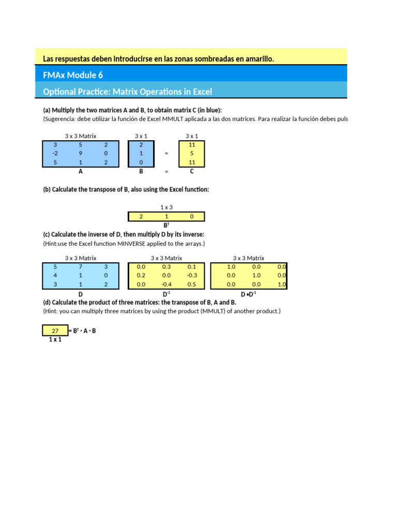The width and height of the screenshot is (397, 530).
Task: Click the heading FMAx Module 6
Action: (x=73, y=75)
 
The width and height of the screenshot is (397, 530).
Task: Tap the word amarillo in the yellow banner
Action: (x=255, y=59)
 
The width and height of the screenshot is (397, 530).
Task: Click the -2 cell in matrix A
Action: (x=55, y=153)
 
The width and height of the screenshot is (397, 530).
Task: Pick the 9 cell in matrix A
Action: (x=81, y=153)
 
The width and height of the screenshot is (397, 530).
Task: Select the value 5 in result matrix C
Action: (x=192, y=153)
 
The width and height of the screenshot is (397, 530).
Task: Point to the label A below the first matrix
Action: (x=80, y=171)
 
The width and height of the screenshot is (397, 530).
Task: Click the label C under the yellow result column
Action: (x=192, y=171)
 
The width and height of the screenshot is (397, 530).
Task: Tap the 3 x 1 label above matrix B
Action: (x=141, y=136)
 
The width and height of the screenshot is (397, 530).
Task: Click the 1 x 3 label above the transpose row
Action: (x=166, y=207)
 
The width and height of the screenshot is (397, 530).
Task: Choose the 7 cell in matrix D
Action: (x=81, y=267)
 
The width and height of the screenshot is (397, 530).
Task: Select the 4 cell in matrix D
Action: (x=55, y=275)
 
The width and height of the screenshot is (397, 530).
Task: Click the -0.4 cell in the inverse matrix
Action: (x=166, y=284)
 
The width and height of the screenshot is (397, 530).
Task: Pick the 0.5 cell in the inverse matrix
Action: (x=192, y=284)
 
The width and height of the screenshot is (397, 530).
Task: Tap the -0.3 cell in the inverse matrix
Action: (x=192, y=275)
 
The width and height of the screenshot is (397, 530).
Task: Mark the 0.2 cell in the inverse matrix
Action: (x=141, y=275)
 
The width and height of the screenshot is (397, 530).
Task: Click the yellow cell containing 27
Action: (x=55, y=330)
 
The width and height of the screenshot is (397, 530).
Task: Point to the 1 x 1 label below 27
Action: (x=55, y=340)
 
